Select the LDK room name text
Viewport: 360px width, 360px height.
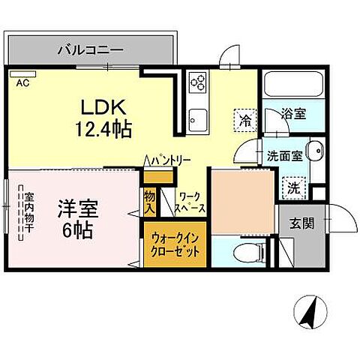click(x=103, y=107)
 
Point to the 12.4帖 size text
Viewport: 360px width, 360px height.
click(x=103, y=129)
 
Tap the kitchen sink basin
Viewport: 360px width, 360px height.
click(x=198, y=118)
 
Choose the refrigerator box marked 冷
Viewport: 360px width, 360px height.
click(x=244, y=118)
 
